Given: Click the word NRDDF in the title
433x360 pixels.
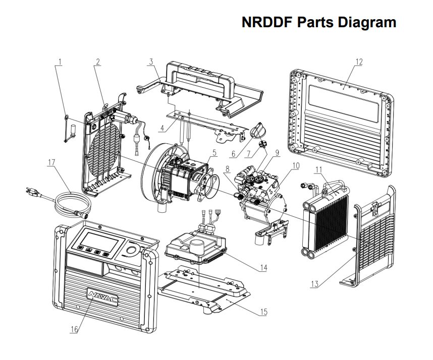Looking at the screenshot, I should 266,23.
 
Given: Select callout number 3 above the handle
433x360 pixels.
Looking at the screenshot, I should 150,62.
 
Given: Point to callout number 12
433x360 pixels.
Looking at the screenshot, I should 359,62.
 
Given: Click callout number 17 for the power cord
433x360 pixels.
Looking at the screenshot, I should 51,163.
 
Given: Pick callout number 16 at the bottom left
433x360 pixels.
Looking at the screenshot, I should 74,329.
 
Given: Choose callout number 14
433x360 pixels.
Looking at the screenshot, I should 263,268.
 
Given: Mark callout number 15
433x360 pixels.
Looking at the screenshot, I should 263,312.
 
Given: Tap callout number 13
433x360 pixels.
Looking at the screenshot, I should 314,284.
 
